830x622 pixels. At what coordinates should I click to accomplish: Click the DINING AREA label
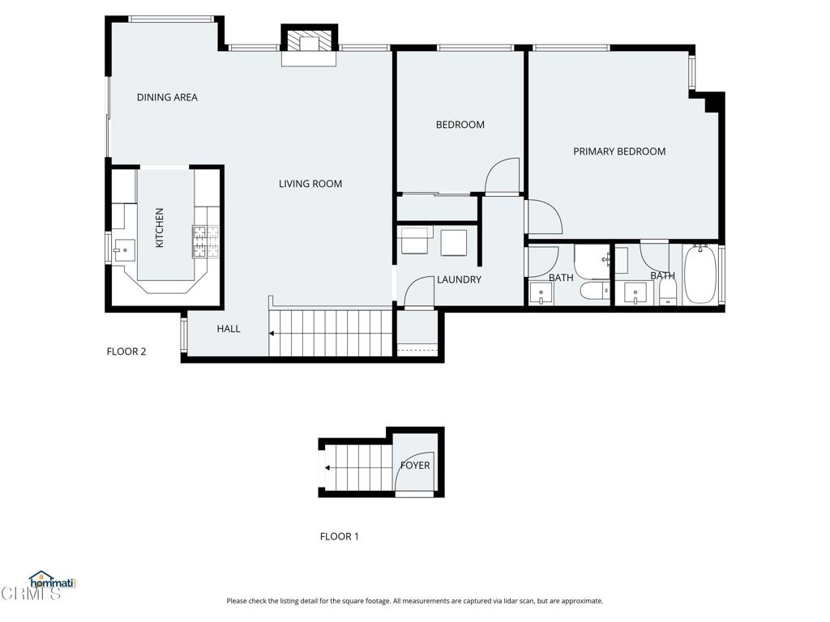coord(167,97)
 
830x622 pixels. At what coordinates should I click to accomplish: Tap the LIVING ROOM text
coord(310,184)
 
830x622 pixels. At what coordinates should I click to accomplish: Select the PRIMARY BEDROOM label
coord(619,151)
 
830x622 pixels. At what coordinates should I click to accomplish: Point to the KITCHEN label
coord(160,228)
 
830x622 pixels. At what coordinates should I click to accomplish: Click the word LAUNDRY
coord(459,279)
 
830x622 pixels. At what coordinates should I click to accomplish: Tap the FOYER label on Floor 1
coord(415,466)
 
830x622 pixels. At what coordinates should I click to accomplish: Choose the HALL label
coord(229,329)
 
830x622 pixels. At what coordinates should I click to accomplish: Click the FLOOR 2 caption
coord(126,351)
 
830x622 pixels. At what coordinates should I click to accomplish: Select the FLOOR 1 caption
coord(340,536)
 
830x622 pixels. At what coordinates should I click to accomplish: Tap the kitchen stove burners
coord(206,241)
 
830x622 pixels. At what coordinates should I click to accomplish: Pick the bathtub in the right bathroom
coord(700,274)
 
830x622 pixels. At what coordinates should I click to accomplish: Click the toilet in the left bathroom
coord(595,291)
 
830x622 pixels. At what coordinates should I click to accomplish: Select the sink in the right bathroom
coord(638,292)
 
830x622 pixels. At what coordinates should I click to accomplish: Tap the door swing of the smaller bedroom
coord(502,176)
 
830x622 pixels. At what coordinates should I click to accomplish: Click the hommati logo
coord(51,581)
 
